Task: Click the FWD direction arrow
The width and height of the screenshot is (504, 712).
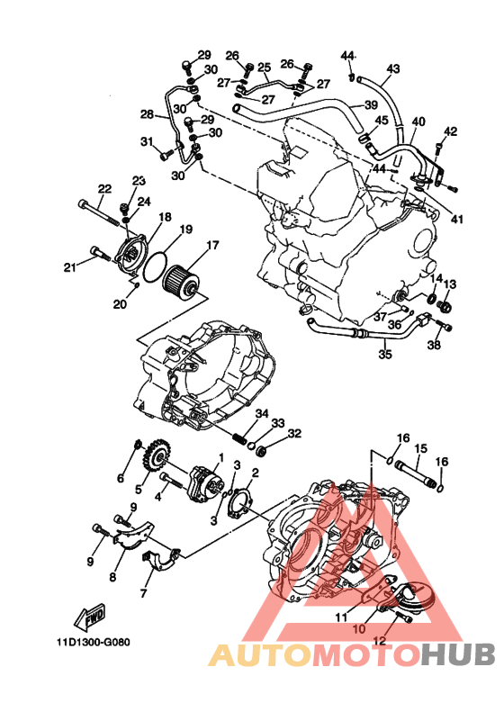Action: pos(89,617)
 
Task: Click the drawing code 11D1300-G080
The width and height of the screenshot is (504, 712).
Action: pos(94,643)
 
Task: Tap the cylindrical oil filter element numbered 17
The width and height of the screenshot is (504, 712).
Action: pos(181,282)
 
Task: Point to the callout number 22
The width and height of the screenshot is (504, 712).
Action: pos(104,188)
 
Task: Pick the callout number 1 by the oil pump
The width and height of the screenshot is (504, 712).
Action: pos(221,456)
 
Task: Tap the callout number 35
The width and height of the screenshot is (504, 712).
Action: pos(385,353)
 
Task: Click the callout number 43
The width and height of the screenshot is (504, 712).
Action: pos(393,68)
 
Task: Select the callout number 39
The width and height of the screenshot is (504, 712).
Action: pos(371,105)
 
